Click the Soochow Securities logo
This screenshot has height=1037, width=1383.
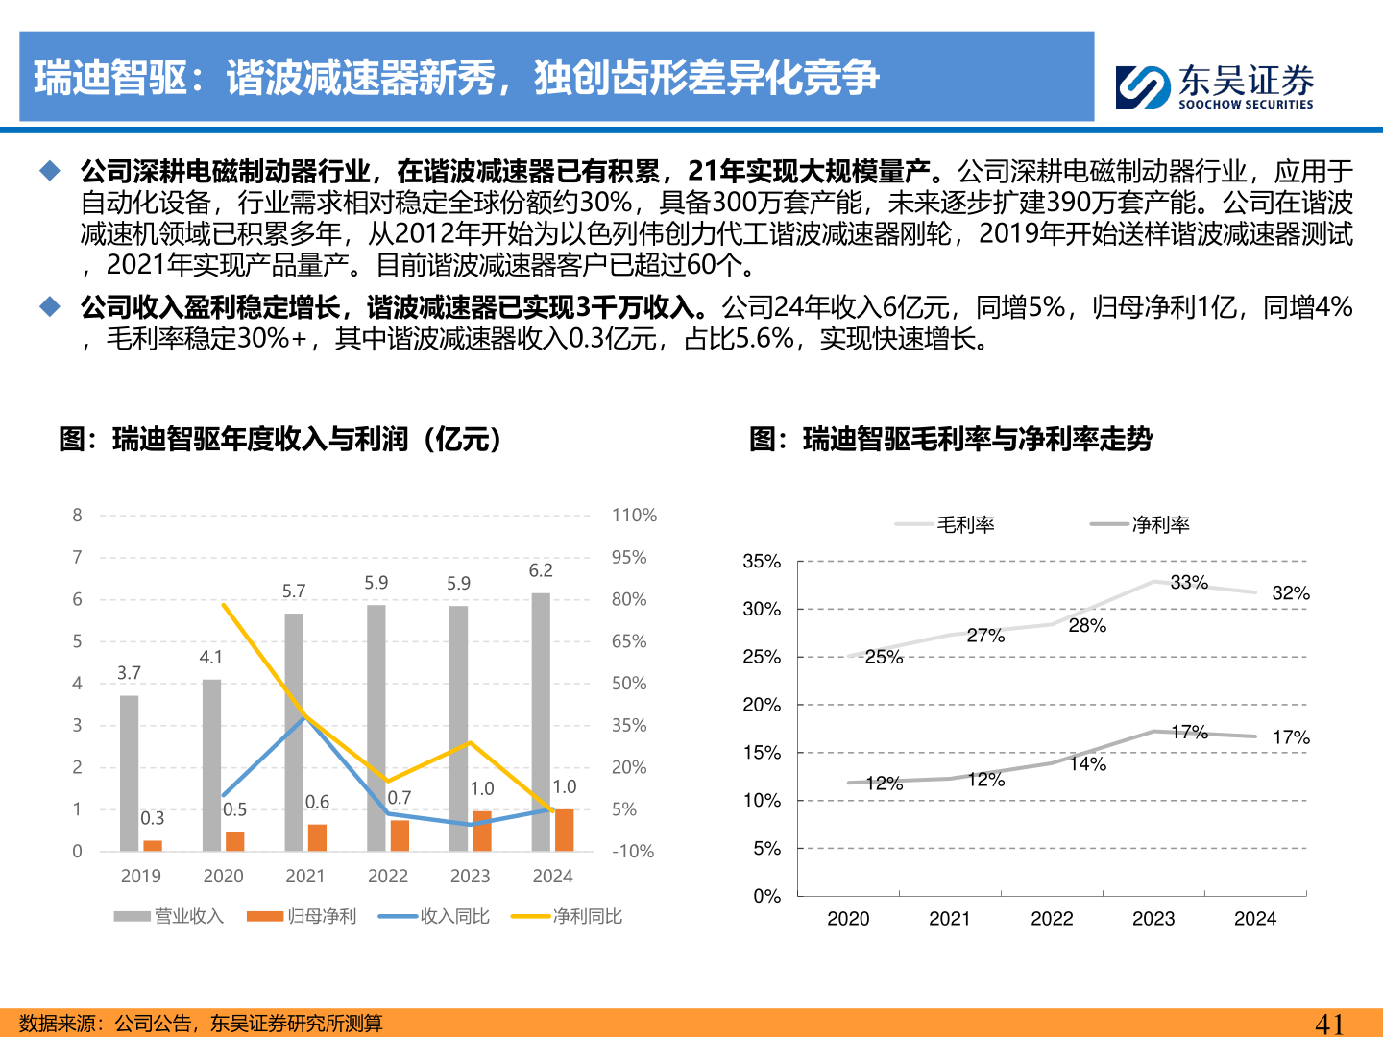coord(1214,86)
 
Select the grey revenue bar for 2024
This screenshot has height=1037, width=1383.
coord(541,720)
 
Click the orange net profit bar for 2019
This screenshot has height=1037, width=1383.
coord(153,845)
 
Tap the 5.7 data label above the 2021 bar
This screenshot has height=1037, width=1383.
coord(294,591)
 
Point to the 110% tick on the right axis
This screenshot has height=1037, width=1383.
coord(634,516)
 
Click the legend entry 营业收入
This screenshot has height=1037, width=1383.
coord(169,916)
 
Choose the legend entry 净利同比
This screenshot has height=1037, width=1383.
coord(567,916)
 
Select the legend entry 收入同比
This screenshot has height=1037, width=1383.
coord(434,916)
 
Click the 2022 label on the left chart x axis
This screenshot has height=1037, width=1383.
coord(388,876)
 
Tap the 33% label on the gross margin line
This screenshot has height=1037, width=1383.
coord(1189,583)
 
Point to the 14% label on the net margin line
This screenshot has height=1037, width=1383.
coord(1088,764)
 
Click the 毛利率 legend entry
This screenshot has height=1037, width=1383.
coord(945,524)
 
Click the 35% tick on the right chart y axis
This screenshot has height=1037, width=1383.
coord(762,562)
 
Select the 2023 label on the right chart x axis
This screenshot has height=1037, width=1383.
coord(1153,919)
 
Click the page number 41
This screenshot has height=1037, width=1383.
coord(1329,1024)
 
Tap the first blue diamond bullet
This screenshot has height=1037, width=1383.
coord(50,172)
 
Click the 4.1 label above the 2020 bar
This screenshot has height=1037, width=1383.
coord(211,658)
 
